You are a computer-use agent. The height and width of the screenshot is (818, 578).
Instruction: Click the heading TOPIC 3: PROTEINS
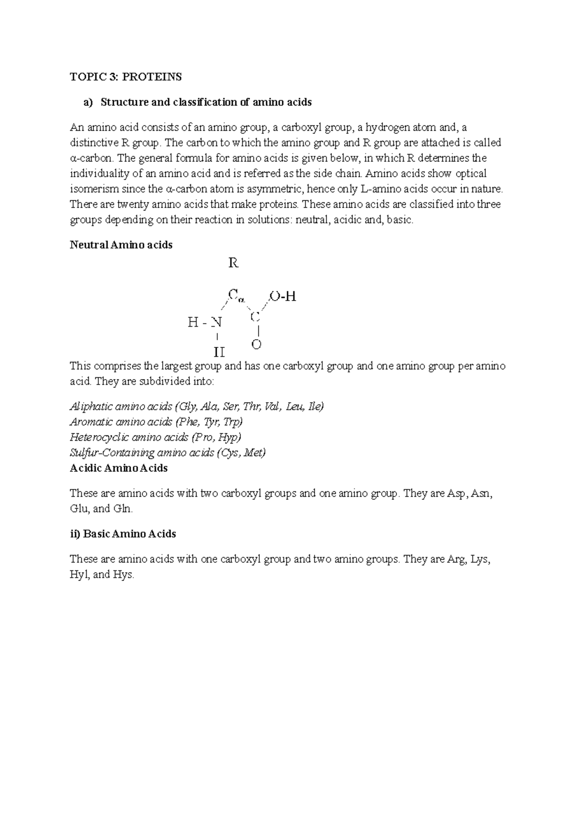126,77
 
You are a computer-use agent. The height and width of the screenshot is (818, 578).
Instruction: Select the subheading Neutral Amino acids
121,245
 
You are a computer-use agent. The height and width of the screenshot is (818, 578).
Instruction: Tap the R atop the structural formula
233,263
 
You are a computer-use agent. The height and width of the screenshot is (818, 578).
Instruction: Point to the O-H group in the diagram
283,297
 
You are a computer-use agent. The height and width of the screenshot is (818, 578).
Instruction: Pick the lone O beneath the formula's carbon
256,345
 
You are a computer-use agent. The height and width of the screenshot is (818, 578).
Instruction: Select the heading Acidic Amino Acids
118,468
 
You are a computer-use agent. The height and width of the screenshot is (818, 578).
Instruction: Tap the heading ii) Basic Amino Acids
123,534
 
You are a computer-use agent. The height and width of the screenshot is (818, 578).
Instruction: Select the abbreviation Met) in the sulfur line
255,453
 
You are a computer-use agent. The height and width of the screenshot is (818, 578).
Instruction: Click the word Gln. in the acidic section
123,509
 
